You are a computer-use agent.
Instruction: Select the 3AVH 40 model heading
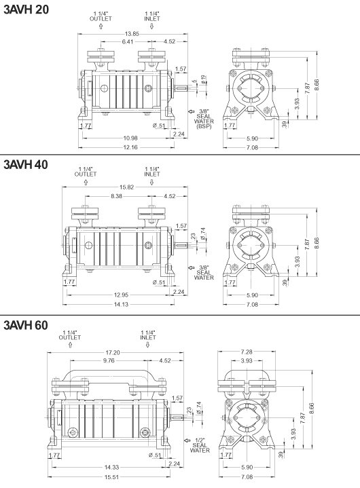click(x=26, y=165)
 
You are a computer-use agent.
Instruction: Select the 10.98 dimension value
click(x=122, y=138)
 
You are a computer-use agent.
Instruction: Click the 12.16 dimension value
click(x=122, y=147)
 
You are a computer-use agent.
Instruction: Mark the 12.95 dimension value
click(x=122, y=294)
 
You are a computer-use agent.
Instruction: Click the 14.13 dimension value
click(x=121, y=303)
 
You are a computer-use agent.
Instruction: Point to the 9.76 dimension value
click(x=108, y=361)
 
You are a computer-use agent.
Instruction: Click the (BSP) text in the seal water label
click(x=204, y=126)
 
